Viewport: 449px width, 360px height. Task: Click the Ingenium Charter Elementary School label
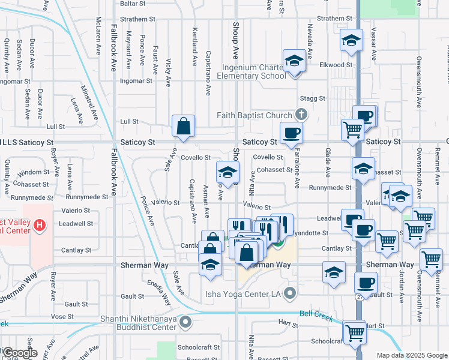click(x=251, y=72)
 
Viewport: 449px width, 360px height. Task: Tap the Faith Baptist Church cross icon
click(x=302, y=115)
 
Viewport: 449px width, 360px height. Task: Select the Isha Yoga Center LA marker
click(x=291, y=294)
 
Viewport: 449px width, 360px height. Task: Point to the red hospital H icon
click(x=40, y=226)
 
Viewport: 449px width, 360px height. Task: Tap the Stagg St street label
click(x=313, y=98)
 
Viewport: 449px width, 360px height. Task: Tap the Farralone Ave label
click(x=297, y=169)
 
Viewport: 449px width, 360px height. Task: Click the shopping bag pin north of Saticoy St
click(x=184, y=126)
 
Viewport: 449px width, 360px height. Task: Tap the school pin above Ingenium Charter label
click(x=295, y=61)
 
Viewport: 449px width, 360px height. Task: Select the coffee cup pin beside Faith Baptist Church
click(x=291, y=133)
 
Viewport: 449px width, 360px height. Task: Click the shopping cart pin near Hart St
click(x=354, y=331)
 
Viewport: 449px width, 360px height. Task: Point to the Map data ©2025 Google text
click(x=411, y=355)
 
